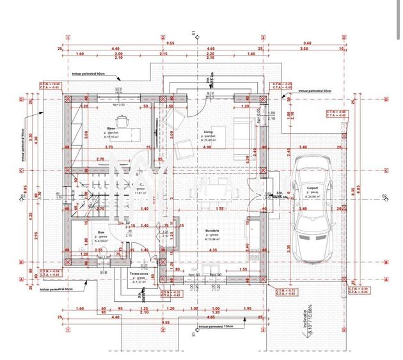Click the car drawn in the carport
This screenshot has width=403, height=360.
[314, 211]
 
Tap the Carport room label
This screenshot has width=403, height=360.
[312, 188]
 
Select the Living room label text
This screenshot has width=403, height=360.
[208, 132]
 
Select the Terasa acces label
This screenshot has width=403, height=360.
[139, 274]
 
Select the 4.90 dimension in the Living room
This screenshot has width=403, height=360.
[207, 148]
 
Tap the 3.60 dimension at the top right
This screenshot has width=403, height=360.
[306, 43]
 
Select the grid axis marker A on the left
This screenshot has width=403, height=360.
[22, 279]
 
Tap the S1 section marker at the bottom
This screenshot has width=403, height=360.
[193, 333]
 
